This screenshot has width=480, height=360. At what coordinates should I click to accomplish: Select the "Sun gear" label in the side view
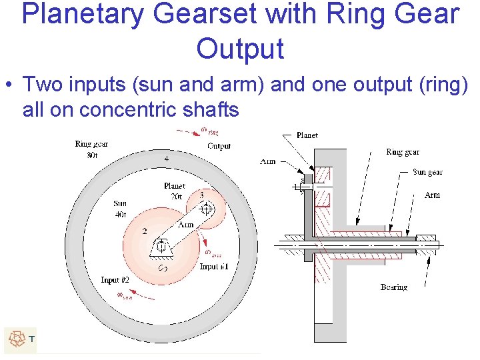point(427,172)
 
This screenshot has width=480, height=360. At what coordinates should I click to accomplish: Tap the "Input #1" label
point(213,267)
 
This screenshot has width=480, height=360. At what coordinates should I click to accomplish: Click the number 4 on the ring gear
point(167,159)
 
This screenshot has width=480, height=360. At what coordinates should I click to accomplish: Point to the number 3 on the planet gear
point(201,195)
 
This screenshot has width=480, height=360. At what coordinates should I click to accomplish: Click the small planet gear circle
point(205,207)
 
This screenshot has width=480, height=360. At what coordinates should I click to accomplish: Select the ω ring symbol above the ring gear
point(209,131)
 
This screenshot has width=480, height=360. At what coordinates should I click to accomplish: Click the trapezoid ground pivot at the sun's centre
point(161,248)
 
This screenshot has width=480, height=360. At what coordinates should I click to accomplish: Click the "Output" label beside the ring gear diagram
point(219,146)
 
